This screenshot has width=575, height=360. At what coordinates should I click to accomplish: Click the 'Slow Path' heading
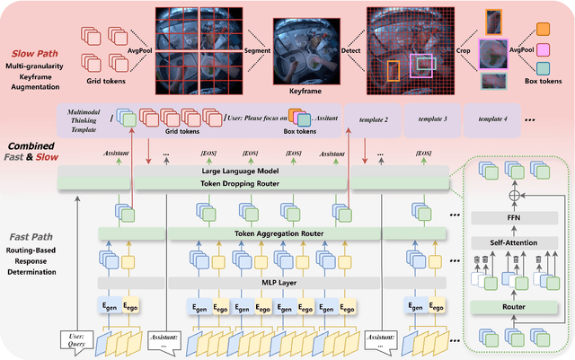[x=33, y=52]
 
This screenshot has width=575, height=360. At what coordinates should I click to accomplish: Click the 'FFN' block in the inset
[x=513, y=216]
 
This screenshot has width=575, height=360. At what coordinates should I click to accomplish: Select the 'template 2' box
[x=372, y=119]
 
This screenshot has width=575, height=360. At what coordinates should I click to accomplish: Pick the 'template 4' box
[x=491, y=119]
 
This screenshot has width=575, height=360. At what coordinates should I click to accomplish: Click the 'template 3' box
[x=432, y=119]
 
